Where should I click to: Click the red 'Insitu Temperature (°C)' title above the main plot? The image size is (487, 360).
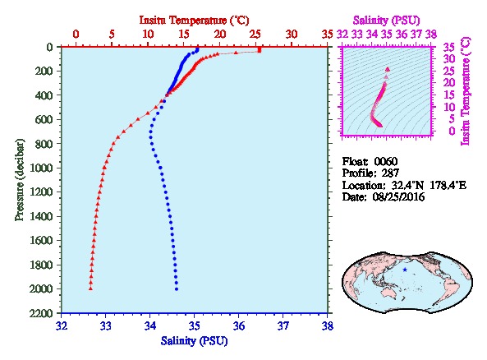pyautogui.click(x=194, y=21)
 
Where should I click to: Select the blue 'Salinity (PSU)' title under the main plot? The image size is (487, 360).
pyautogui.click(x=194, y=341)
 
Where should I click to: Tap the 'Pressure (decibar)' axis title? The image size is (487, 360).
pyautogui.click(x=20, y=180)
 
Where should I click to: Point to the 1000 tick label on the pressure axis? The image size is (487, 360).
pyautogui.click(x=41, y=168)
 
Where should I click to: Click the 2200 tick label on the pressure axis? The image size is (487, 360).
pyautogui.click(x=41, y=313)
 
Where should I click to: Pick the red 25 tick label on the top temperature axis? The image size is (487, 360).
pyautogui.click(x=255, y=35)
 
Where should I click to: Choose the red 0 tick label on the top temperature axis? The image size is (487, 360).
pyautogui.click(x=76, y=35)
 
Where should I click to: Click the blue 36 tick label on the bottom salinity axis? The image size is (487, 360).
pyautogui.click(x=239, y=326)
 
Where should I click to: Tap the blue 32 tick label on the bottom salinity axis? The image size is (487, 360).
pyautogui.click(x=62, y=326)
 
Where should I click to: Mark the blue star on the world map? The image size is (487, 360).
pyautogui.click(x=405, y=270)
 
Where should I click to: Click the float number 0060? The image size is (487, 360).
pyautogui.click(x=386, y=161)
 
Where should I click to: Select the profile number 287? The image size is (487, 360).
pyautogui.click(x=390, y=173)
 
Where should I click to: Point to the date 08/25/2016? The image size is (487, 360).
pyautogui.click(x=398, y=196)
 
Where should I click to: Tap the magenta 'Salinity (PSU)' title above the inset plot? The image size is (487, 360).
pyautogui.click(x=386, y=21)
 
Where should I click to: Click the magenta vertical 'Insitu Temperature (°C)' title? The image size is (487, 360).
pyautogui.click(x=466, y=91)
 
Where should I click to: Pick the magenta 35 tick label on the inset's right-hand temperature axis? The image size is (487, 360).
pyautogui.click(x=448, y=48)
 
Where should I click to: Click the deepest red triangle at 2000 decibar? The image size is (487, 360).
pyautogui.click(x=90, y=288)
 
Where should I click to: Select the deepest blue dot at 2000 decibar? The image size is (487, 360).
pyautogui.click(x=177, y=289)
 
